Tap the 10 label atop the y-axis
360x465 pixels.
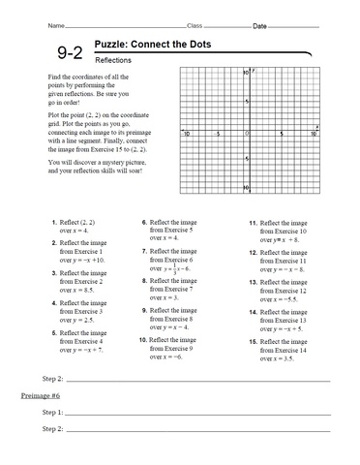point(245,72)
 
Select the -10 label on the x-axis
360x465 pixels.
point(184,135)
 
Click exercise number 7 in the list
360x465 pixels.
point(144,250)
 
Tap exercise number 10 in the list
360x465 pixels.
point(143,340)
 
